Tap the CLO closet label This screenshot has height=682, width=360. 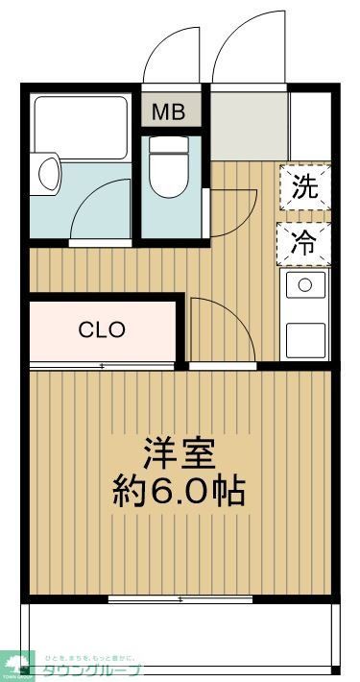click(102, 330)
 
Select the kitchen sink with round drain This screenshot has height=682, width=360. click(305, 284)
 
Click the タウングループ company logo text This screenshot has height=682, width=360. click(91, 670)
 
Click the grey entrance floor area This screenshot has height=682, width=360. click(248, 126)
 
